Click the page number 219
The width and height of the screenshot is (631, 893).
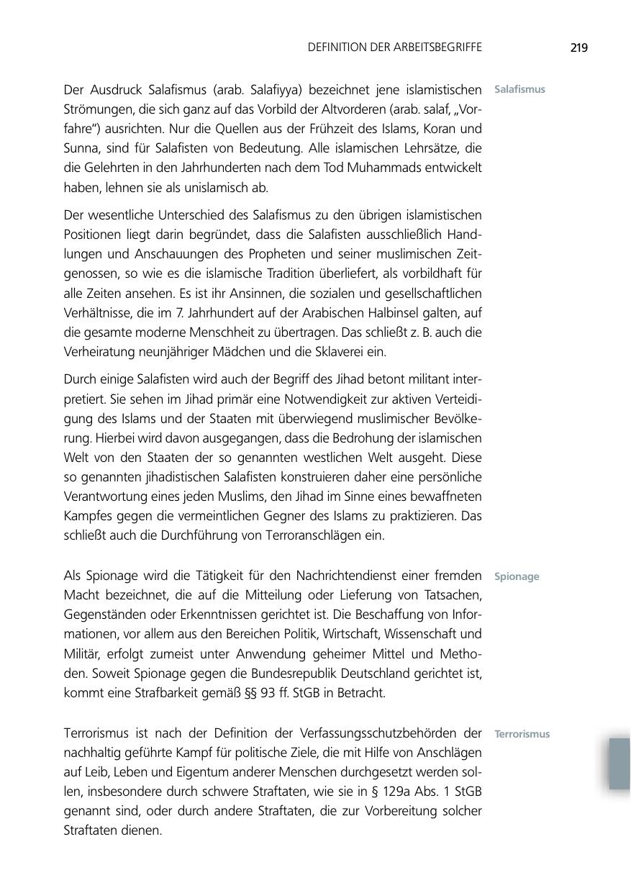pos(578,48)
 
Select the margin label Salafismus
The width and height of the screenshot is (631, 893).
pos(519,90)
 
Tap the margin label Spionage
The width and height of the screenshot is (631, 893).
pos(517,576)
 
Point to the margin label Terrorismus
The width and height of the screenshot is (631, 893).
pos(522,734)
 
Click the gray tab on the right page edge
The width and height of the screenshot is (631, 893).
pos(619,763)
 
